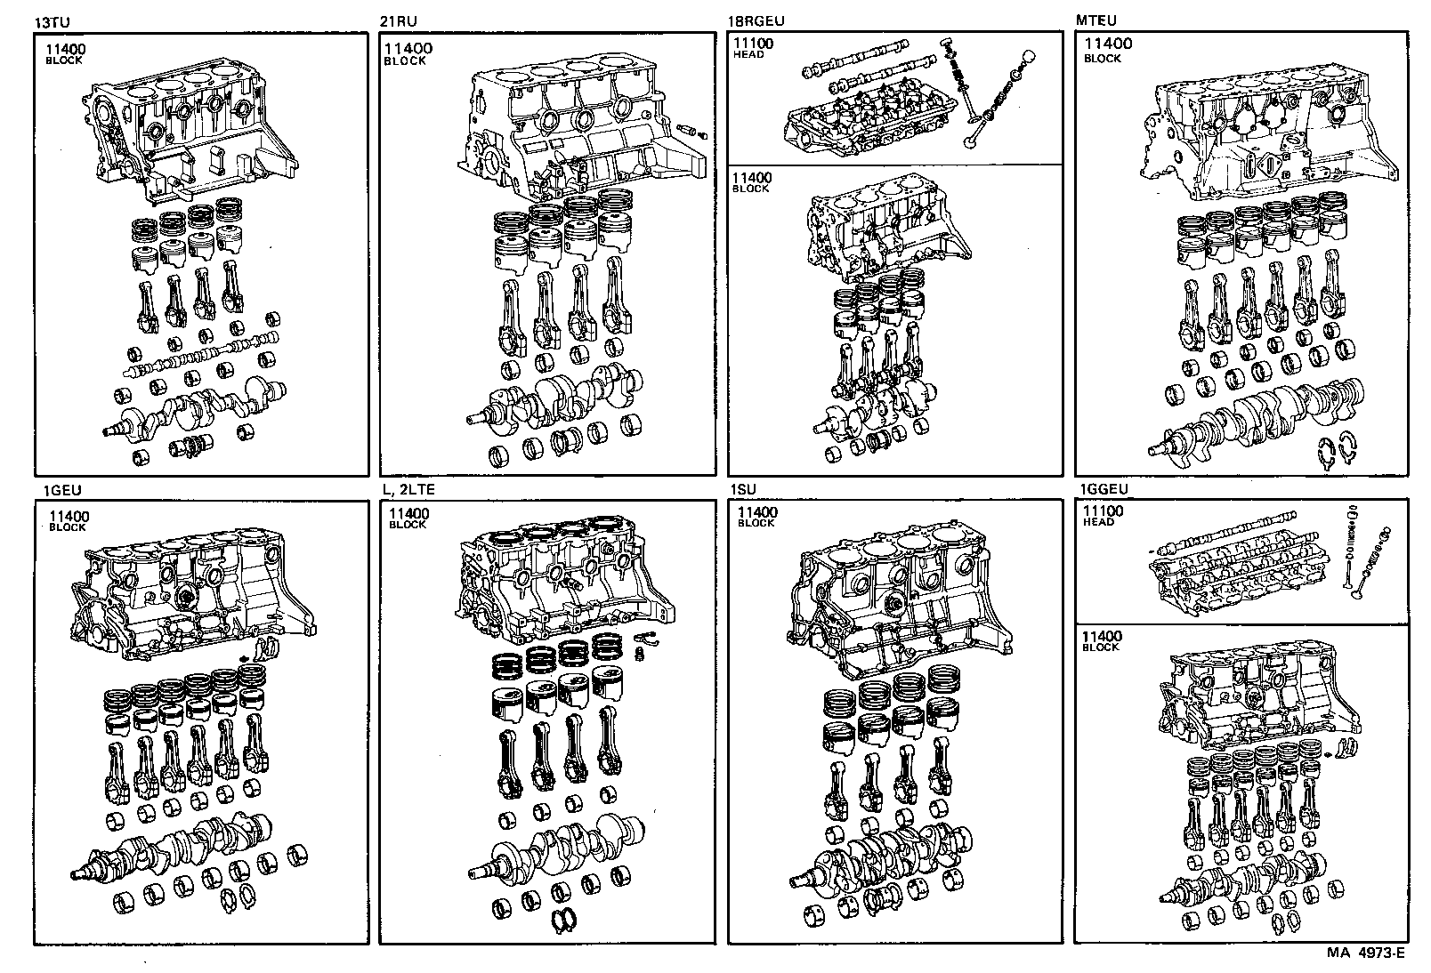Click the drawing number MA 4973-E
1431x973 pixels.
(1365, 954)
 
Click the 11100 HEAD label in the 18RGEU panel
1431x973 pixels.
(753, 48)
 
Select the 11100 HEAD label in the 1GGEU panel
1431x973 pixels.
(1103, 516)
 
